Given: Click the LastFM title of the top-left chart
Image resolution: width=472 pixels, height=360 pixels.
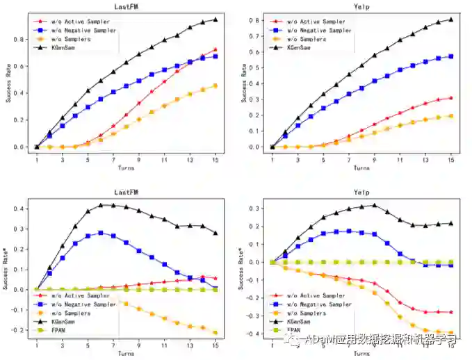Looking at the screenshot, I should pos(126,6).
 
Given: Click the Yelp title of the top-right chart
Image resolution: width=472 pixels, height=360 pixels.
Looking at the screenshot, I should pos(361,6).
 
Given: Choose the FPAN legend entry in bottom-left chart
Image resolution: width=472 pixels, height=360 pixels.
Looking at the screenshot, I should pos(60,330).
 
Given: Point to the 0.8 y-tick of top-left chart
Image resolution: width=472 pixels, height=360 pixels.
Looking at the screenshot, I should pos(21,40).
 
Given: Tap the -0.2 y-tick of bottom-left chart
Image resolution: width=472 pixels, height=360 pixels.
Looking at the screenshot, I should pos(19,330).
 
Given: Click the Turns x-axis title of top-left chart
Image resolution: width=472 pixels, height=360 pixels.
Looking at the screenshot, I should pos(126,167).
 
